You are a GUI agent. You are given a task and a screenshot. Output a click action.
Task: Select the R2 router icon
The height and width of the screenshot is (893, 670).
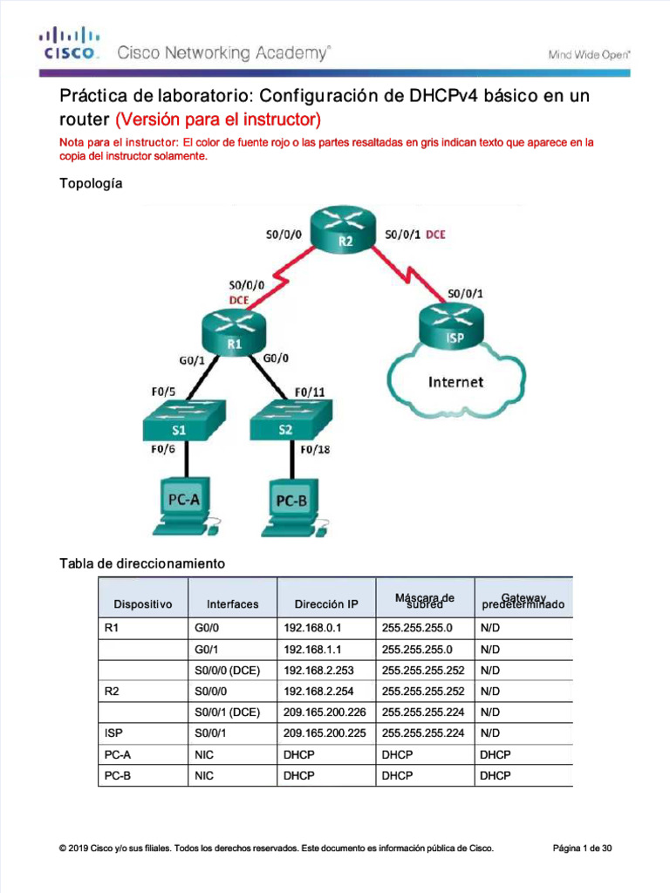point(345,229)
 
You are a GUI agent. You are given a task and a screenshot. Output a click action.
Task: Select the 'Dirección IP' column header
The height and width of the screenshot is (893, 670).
point(325,603)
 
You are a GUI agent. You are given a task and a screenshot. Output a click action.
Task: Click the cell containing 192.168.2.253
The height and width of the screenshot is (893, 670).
point(325,671)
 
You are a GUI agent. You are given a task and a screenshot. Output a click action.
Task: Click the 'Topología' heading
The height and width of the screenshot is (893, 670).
point(91,184)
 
